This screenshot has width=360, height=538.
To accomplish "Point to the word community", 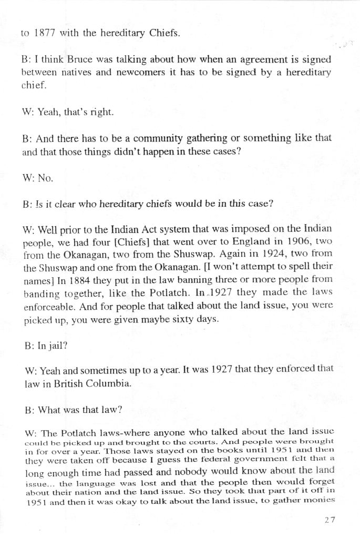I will (160, 138).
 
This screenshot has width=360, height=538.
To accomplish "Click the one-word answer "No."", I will (44, 178).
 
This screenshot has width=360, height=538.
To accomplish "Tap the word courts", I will (158, 442).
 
